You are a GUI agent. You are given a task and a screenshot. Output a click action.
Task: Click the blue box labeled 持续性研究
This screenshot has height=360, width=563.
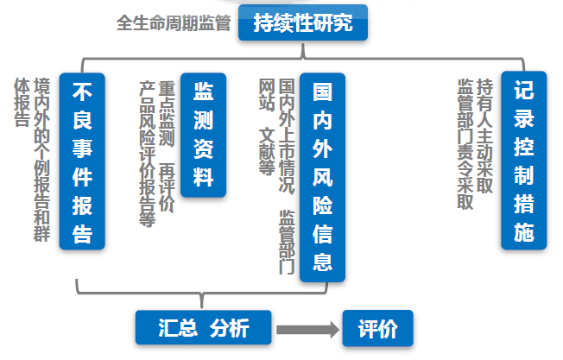[302, 23]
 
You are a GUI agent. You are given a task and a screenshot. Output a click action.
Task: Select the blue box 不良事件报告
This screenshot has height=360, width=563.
[83, 161]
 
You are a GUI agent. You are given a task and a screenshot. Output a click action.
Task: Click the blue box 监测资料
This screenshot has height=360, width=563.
[203, 135]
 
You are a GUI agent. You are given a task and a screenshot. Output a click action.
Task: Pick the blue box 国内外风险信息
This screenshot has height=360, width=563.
[322, 177]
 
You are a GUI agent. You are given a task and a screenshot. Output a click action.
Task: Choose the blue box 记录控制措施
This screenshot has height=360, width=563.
[523, 160]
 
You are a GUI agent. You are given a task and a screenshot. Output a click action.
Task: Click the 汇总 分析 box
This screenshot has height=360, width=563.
[204, 328]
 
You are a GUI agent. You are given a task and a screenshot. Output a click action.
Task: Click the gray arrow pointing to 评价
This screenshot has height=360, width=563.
[306, 329]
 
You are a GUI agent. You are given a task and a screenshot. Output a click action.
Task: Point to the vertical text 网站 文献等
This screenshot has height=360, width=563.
[267, 126]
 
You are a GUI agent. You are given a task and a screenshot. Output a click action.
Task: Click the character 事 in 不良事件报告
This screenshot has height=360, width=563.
[83, 148]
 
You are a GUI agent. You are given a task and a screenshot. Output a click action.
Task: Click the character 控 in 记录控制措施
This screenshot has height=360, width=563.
[523, 147]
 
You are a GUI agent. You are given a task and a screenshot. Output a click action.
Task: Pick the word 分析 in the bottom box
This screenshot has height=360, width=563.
[228, 328]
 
